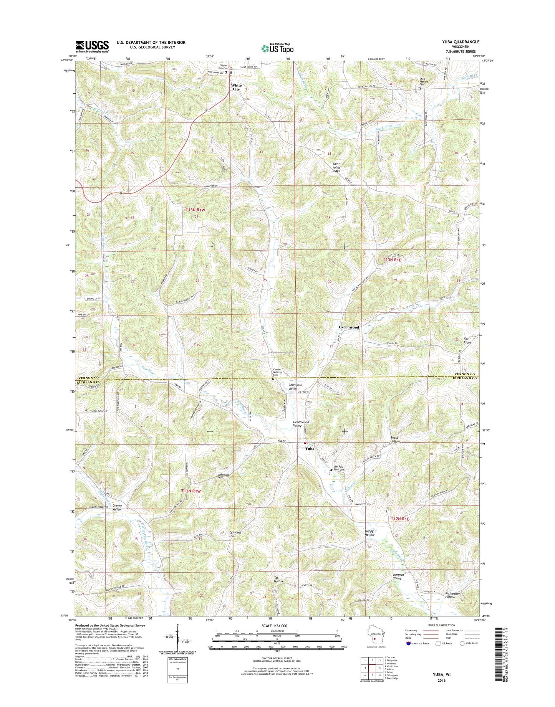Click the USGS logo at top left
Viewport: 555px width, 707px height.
coord(92,46)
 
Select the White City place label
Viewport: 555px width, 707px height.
coord(236,87)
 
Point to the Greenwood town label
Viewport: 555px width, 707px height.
coord(349,327)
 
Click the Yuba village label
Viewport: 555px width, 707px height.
coord(310,448)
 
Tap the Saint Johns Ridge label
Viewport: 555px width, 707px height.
coord(336,167)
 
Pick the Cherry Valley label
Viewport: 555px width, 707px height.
coord(117,507)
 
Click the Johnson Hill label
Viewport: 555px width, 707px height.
coord(223,476)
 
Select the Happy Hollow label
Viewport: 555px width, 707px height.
coord(369,533)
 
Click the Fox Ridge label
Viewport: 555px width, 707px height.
coord(467,340)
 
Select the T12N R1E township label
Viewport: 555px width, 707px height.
coord(400,519)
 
